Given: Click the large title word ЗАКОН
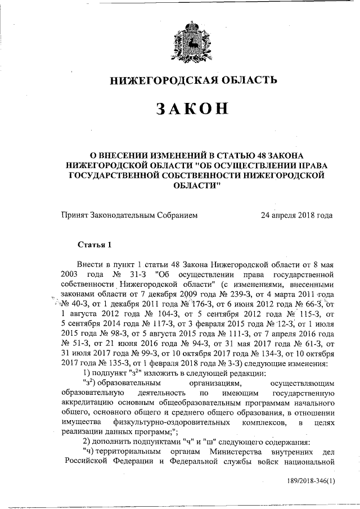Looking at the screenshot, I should [x=193, y=109].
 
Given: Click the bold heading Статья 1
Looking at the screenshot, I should [x=95, y=244].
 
